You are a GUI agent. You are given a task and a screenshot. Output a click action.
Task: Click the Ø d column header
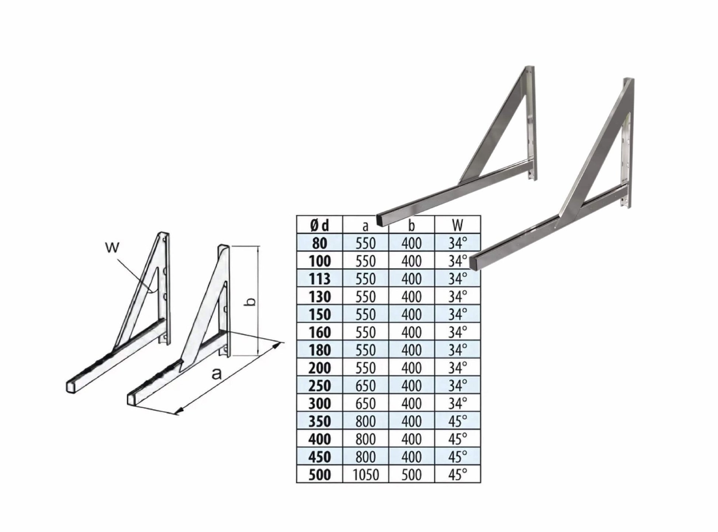click(x=320, y=225)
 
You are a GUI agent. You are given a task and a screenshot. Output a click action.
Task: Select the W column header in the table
click(x=458, y=225)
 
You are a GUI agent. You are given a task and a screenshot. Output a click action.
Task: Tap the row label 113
click(x=320, y=279)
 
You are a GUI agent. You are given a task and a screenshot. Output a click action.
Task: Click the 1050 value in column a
click(x=366, y=474)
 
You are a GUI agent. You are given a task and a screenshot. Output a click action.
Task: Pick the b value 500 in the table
click(x=411, y=474)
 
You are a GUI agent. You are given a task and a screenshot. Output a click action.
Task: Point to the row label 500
click(x=320, y=474)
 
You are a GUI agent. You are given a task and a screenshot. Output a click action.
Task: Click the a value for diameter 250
click(x=366, y=385)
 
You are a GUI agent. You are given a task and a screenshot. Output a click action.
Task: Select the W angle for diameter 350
click(x=458, y=421)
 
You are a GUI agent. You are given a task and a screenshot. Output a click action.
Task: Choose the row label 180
click(x=320, y=350)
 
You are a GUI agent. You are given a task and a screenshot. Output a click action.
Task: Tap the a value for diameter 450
click(x=366, y=457)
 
